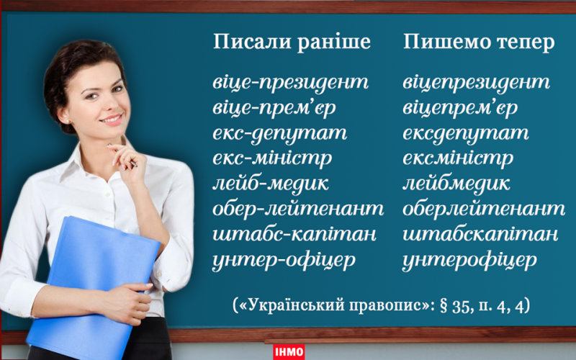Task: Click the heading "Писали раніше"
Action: pyautogui.click(x=292, y=42)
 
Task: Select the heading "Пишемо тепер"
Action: pyautogui.click(x=479, y=42)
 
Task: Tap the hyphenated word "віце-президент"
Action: pyautogui.click(x=290, y=83)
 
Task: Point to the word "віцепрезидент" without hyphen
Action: pyautogui.click(x=476, y=83)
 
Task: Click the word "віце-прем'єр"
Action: pyautogui.click(x=274, y=109)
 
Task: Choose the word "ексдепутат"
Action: pyautogui.click(x=465, y=134)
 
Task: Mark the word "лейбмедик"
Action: pyautogui.click(x=456, y=184)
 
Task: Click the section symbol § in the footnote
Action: pyautogui.click(x=444, y=306)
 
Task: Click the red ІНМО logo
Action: pyautogui.click(x=289, y=352)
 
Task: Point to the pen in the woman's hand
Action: pyautogui.click(x=122, y=156)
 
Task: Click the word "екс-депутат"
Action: pyautogui.click(x=279, y=134)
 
